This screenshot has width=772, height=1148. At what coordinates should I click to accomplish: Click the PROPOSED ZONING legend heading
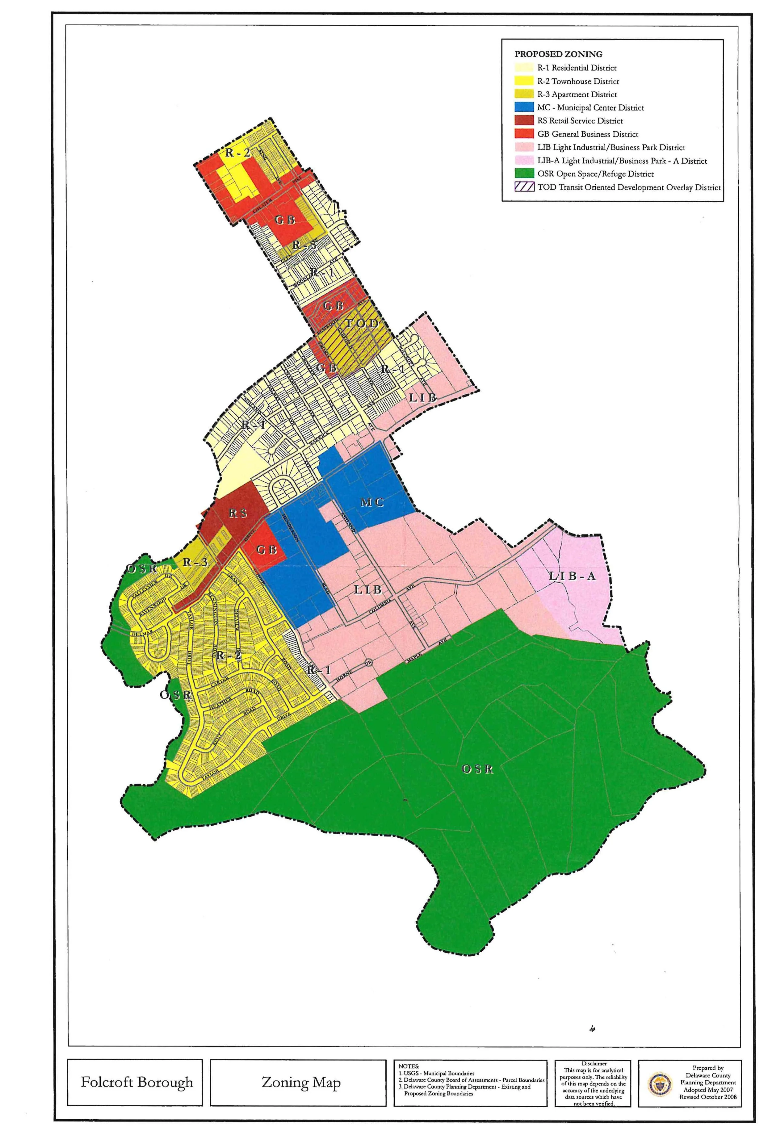coord(558,54)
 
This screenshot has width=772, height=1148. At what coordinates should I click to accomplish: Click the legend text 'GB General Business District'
coord(588,134)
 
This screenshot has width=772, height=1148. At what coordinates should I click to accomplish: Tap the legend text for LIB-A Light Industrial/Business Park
coord(622,161)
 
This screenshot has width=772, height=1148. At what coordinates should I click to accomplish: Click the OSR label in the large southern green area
coord(478,769)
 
